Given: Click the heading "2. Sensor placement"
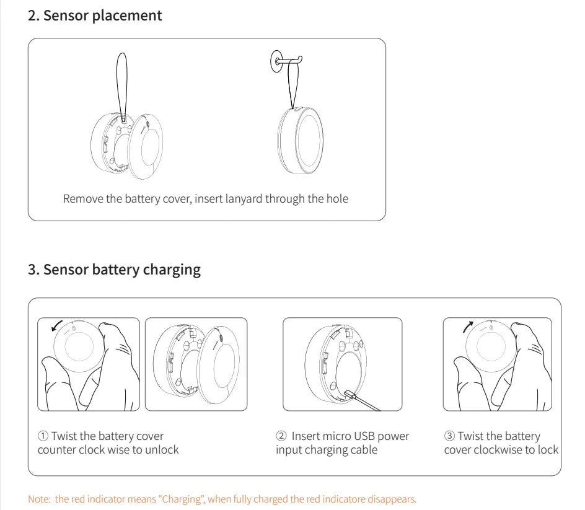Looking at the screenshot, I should click(x=95, y=16).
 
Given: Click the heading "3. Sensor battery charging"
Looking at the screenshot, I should click(x=115, y=270).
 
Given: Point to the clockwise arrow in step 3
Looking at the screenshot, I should click(x=468, y=327).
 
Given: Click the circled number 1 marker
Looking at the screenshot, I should click(x=43, y=436).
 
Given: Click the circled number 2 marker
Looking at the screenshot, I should click(x=281, y=436).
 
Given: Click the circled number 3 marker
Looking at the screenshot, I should click(x=449, y=436).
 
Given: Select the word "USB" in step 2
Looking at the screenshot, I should click(x=368, y=436).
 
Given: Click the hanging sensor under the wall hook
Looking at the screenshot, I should click(x=299, y=139).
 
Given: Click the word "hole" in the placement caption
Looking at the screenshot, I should click(x=336, y=199).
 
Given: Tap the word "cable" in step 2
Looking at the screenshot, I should click(x=363, y=449).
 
